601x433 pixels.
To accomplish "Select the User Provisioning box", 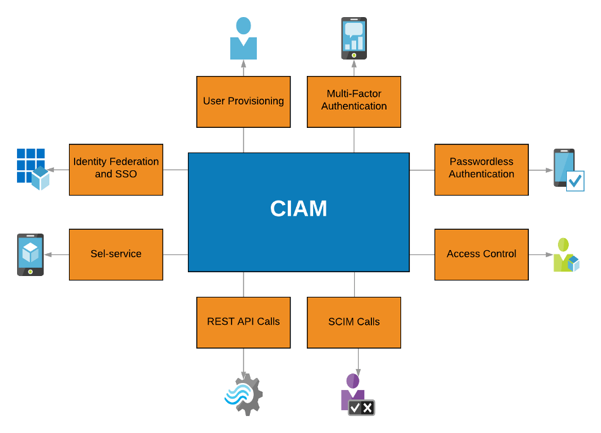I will pyautogui.click(x=244, y=102).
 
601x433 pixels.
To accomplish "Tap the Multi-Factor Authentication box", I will pyautogui.click(x=354, y=102).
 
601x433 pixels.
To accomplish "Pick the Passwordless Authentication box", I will pyautogui.click(x=481, y=170).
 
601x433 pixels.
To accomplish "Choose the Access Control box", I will pyautogui.click(x=481, y=254).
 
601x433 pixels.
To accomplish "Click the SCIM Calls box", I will pyautogui.click(x=354, y=322).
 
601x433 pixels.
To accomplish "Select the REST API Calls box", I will pyautogui.click(x=244, y=322).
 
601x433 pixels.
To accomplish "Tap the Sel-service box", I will pyautogui.click(x=116, y=254).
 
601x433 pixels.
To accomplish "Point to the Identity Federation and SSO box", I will pyautogui.click(x=116, y=170).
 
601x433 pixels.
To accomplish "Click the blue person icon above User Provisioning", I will pyautogui.click(x=244, y=39).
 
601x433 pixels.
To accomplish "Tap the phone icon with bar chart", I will pyautogui.click(x=354, y=38).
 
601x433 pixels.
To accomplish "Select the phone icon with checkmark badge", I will pyautogui.click(x=567, y=170).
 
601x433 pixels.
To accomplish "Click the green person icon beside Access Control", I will pyautogui.click(x=566, y=255).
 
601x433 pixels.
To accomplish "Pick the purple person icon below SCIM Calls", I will pyautogui.click(x=357, y=394).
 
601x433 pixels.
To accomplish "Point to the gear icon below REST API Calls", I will pyautogui.click(x=244, y=394).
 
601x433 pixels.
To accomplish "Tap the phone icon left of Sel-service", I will pyautogui.click(x=30, y=254).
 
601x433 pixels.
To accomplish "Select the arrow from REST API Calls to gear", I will pyautogui.click(x=244, y=361).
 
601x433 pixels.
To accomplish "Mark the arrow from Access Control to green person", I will pyautogui.click(x=541, y=254).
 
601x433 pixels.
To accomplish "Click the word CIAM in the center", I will pyautogui.click(x=299, y=209).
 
